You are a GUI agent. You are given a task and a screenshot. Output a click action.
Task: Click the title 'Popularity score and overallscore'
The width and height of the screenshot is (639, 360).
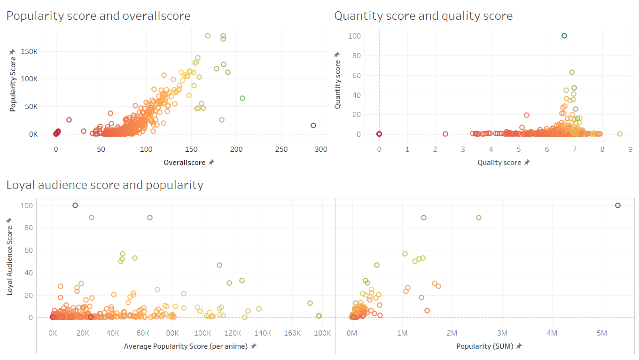pos(98,16)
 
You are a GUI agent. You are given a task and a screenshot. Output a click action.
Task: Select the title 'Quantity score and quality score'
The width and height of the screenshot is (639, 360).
pos(423,16)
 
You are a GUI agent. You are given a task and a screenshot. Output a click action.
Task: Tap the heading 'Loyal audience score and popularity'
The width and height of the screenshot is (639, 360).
pos(105,185)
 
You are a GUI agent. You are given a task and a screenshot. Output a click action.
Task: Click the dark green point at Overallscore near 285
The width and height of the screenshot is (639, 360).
pos(313,125)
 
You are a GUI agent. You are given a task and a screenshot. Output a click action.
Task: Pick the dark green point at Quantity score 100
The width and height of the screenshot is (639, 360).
pos(564,36)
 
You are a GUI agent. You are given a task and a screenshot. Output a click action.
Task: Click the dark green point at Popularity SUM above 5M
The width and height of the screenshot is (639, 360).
pos(618,205)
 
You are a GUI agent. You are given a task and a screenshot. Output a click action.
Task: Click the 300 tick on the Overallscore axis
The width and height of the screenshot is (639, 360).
pos(321,149)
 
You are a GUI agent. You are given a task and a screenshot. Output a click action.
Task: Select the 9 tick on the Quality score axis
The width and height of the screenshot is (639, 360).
pos(630,149)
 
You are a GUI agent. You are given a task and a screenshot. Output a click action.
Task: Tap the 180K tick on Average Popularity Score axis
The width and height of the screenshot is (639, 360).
pos(322,333)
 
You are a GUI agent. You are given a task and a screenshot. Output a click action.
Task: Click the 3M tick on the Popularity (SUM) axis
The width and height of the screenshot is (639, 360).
pos(502,333)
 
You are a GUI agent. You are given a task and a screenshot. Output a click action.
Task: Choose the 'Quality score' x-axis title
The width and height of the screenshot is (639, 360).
pos(499,163)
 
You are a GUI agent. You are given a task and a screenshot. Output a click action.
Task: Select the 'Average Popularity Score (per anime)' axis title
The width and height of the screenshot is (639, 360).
pos(187,346)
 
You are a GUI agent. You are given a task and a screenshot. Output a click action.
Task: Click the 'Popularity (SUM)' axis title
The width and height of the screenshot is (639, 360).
pos(485,346)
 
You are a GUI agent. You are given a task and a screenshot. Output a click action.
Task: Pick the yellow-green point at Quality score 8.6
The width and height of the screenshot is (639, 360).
pos(619,134)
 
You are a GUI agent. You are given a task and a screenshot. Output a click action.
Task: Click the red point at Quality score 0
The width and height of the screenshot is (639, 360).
pos(379,134)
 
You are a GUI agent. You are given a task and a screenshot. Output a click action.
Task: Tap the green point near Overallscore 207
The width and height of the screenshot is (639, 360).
pos(242,98)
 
